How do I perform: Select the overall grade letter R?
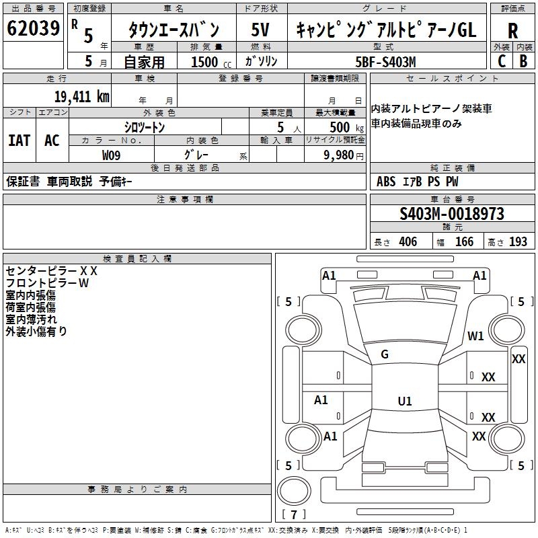point(512,31)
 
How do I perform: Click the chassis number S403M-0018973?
point(451,215)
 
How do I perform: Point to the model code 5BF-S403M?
point(385,62)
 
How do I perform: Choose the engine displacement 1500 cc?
point(209,62)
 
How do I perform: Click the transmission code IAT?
point(20,141)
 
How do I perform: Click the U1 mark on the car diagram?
point(404,401)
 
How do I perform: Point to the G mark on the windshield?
point(385,354)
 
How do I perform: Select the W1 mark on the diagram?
point(476,336)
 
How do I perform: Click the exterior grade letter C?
point(501,61)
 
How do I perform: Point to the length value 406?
point(408,242)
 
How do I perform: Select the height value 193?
point(518,242)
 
